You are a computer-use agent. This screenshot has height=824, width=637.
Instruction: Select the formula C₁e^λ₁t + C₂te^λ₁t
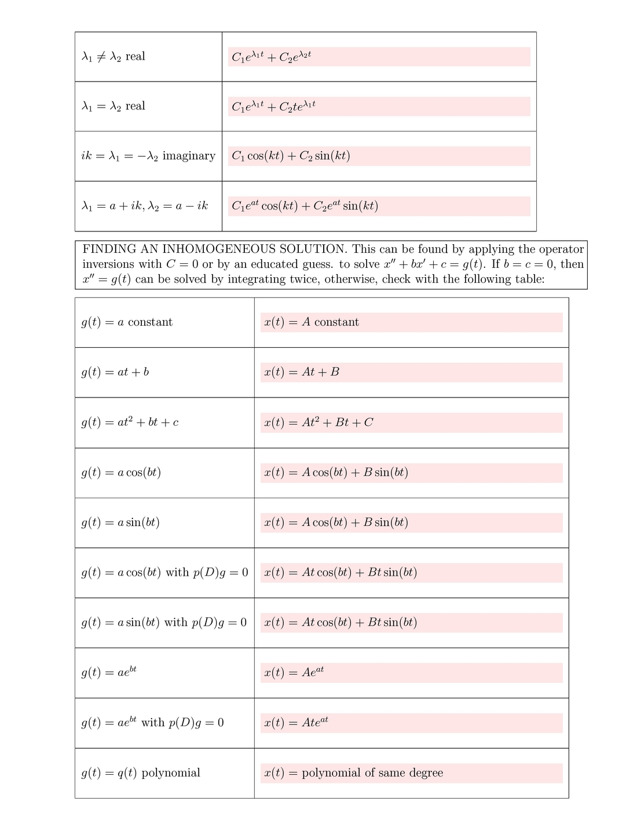click(x=273, y=106)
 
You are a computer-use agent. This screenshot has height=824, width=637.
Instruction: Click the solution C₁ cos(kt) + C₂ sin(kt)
click(x=291, y=156)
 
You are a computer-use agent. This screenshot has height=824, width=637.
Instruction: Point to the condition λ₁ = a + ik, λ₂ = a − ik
click(x=145, y=206)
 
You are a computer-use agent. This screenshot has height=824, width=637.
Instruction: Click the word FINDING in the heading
click(x=109, y=249)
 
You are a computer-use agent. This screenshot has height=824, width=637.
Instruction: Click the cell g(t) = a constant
click(x=127, y=322)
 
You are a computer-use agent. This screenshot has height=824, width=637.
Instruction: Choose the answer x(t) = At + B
click(x=302, y=372)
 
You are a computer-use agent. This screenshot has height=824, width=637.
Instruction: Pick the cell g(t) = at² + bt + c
click(x=130, y=422)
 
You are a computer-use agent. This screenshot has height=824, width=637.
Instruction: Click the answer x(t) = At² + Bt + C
click(x=318, y=422)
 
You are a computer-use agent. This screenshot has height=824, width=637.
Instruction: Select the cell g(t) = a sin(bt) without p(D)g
click(x=120, y=523)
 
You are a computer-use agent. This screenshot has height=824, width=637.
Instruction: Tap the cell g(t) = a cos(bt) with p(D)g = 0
click(x=164, y=573)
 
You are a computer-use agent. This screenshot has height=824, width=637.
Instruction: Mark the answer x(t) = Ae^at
click(x=294, y=672)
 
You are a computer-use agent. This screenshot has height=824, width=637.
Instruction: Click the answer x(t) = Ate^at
click(x=296, y=723)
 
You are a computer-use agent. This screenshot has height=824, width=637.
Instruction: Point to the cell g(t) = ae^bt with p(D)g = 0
click(x=152, y=723)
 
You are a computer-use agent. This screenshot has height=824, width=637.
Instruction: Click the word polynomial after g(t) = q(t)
click(x=171, y=773)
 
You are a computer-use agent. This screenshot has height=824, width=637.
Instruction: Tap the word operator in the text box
click(x=561, y=249)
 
